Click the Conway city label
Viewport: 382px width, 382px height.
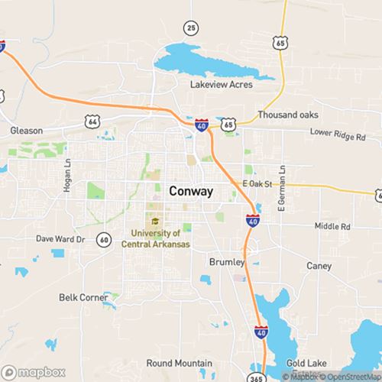(x=191, y=191)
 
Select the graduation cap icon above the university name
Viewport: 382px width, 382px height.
(x=154, y=222)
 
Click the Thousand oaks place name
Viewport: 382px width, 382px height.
(x=286, y=114)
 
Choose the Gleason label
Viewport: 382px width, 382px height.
(x=27, y=131)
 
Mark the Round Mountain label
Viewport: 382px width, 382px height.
(x=181, y=364)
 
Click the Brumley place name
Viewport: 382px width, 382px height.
(x=226, y=262)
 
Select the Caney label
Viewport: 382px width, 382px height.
(x=318, y=266)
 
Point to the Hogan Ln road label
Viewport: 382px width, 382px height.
(x=68, y=181)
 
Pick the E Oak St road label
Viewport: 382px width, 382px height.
(x=257, y=184)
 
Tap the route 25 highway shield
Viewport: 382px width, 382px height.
(x=191, y=28)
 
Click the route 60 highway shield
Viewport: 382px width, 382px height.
(x=102, y=240)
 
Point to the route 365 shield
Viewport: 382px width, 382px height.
(x=255, y=377)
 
